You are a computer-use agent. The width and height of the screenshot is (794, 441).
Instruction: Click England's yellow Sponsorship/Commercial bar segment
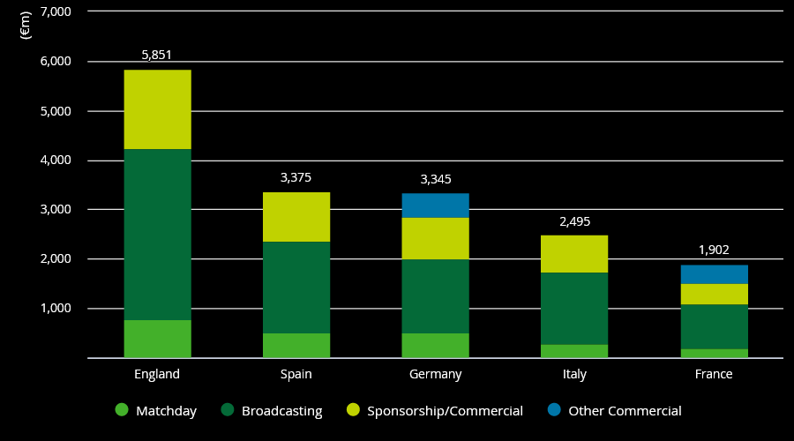click(158, 109)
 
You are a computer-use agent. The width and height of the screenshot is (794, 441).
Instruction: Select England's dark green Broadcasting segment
click(158, 235)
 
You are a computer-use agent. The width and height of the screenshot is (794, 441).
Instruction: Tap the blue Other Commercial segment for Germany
click(436, 206)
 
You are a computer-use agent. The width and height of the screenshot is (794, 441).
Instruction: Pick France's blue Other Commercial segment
click(714, 274)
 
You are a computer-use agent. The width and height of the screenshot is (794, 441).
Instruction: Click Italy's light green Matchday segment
click(574, 351)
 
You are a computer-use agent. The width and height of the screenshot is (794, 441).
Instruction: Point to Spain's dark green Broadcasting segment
click(296, 288)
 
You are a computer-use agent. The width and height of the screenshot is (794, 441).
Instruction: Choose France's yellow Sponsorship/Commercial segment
click(714, 295)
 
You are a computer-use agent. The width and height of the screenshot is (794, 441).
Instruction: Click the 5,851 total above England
click(156, 55)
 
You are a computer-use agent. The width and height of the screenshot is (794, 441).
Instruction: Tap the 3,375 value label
click(296, 177)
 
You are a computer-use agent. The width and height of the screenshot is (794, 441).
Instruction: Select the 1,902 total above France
click(714, 250)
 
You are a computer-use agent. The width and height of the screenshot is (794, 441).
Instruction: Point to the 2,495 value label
click(574, 221)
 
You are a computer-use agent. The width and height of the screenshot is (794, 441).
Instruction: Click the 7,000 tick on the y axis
click(56, 11)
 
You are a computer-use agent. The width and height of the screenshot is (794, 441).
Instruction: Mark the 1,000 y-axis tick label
click(56, 308)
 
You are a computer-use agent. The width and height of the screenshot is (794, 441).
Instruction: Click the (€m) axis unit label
click(26, 26)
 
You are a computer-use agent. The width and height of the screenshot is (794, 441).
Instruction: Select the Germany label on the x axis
click(436, 374)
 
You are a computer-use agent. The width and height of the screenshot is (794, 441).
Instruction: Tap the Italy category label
click(574, 374)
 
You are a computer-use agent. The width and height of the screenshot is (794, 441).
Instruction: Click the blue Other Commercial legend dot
click(555, 409)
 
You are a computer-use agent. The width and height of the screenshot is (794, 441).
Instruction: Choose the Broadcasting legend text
click(282, 411)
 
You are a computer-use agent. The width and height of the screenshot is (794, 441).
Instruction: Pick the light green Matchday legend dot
click(122, 409)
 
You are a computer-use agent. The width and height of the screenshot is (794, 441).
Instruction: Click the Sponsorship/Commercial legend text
click(446, 411)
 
